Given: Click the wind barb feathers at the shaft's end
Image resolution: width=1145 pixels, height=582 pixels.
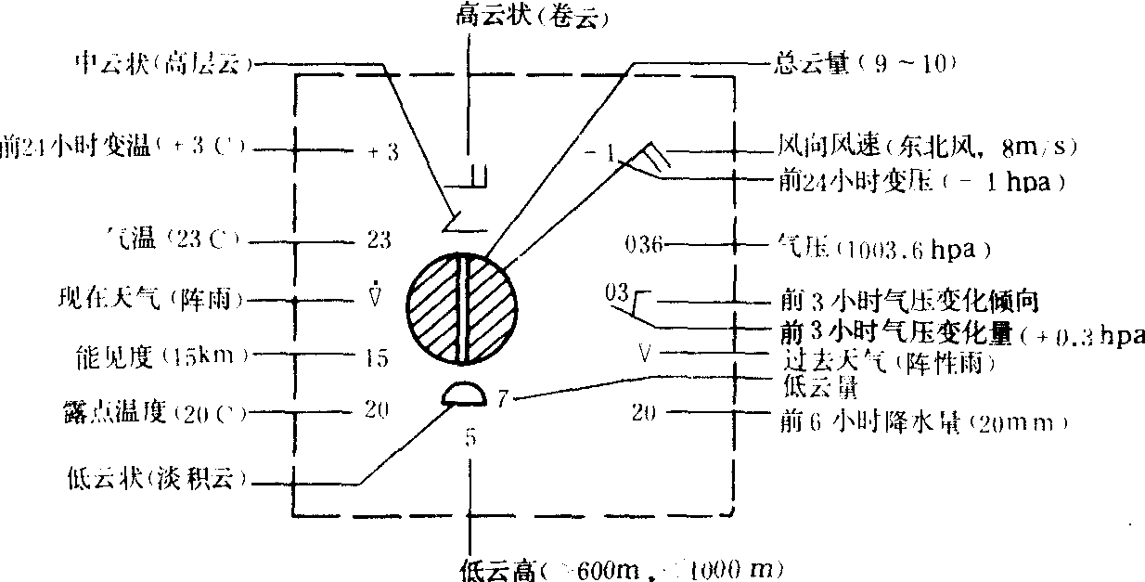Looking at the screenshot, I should (652, 154).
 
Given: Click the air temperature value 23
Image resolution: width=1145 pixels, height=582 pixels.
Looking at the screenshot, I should (379, 240).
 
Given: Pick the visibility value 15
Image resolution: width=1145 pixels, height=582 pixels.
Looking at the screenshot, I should (378, 357).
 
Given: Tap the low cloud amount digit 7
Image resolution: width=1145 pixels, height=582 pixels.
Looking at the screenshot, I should (501, 399).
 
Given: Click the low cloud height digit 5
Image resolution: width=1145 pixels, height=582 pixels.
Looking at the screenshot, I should (470, 437).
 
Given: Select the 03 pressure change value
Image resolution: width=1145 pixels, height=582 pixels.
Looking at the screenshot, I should (616, 294).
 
